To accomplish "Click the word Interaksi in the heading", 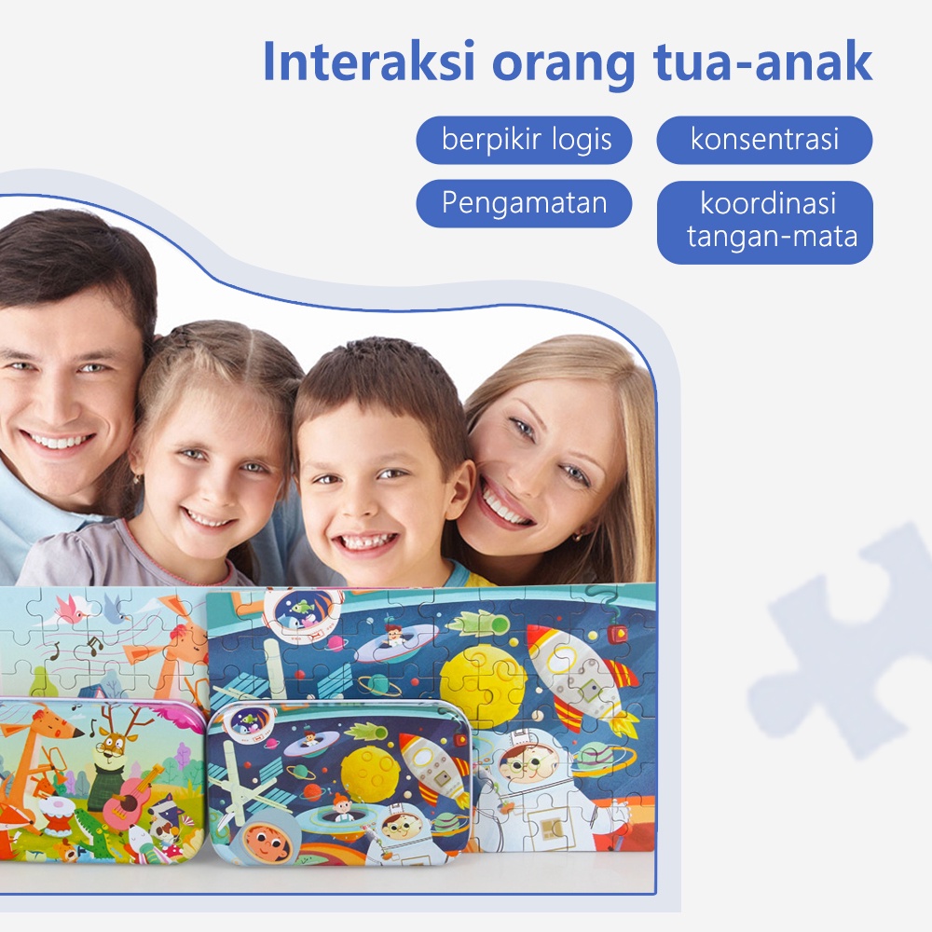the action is pos(369,61).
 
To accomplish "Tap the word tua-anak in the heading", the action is pos(762,61).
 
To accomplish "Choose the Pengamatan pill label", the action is pos(524,203).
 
